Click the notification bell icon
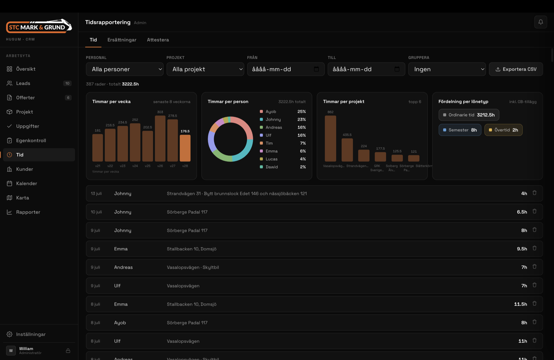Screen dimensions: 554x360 tap(540, 22)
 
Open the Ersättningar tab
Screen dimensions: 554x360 tap(122, 40)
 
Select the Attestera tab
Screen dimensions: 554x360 tap(158, 40)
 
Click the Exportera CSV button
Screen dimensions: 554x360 tap(516, 69)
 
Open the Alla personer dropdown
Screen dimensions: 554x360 tap(125, 69)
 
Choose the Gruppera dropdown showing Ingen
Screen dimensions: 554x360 tap(447, 69)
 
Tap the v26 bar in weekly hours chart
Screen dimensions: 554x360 tap(160, 138)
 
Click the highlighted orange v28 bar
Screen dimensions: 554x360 tap(185, 148)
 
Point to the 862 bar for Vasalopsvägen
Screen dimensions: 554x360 tap(330, 138)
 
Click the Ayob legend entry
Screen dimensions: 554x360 tap(283, 112)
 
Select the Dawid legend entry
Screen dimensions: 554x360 tap(283, 167)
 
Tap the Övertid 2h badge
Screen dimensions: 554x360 tap(503, 130)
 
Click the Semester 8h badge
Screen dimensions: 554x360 tap(460, 130)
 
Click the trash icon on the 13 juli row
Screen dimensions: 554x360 tap(535, 193)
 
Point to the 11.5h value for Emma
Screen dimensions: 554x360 tap(520, 304)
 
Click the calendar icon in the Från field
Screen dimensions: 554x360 tap(316, 69)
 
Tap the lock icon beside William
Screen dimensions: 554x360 tap(68, 351)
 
